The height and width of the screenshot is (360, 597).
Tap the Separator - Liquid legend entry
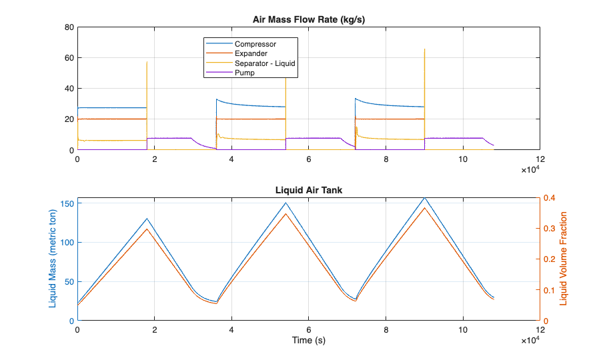pyautogui.click(x=264, y=63)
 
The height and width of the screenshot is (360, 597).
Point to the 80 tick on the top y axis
pyautogui.click(x=69, y=27)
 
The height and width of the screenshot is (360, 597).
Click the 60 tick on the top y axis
pyautogui.click(x=69, y=58)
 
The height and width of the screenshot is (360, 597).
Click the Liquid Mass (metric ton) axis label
pyautogui.click(x=52, y=259)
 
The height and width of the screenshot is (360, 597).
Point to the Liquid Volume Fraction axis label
pyautogui.click(x=564, y=259)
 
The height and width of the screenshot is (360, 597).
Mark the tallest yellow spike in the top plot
pyautogui.click(x=424, y=49)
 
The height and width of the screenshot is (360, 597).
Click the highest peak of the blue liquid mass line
pyautogui.click(x=424, y=198)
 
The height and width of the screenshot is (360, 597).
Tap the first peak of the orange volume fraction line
pyautogui.click(x=147, y=229)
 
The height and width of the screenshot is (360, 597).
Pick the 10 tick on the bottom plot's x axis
pyautogui.click(x=463, y=329)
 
